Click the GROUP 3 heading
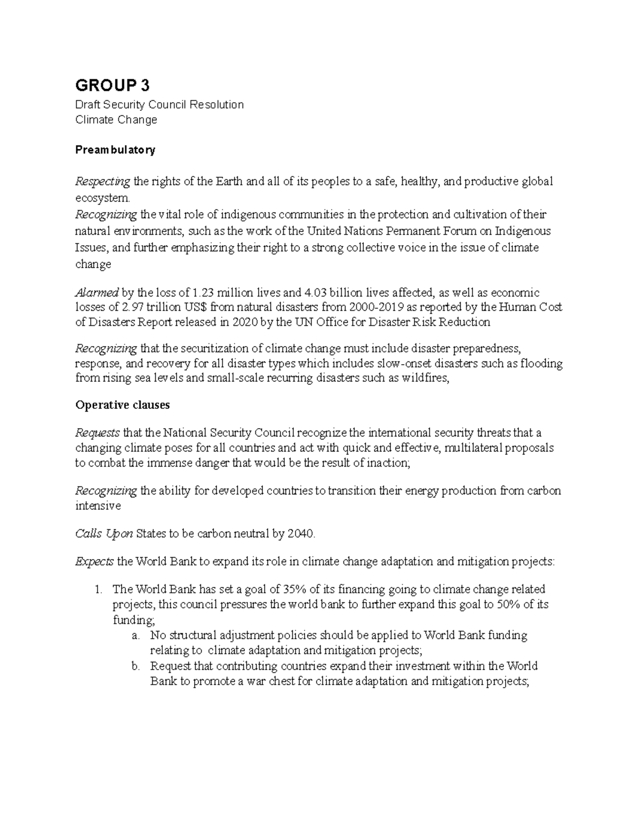tap(113, 85)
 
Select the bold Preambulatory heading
tap(115, 150)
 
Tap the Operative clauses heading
tap(123, 405)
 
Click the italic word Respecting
tap(102, 182)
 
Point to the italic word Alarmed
tap(97, 293)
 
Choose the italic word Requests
tap(98, 432)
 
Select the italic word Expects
tap(94, 561)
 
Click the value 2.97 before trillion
tap(132, 307)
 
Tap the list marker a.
tap(135, 636)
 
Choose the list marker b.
tap(135, 666)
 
